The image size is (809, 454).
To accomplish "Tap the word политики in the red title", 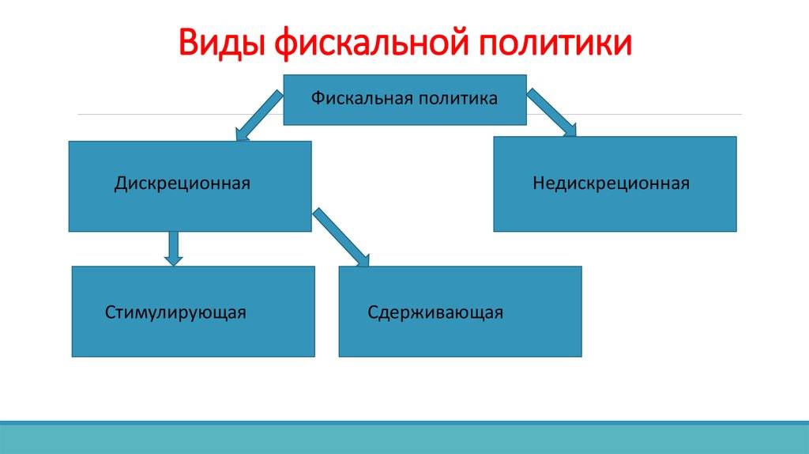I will tap(558, 43).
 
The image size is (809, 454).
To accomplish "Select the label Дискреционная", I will tap(182, 183).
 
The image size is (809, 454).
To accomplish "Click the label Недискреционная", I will tap(611, 183).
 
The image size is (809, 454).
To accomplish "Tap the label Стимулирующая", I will tap(175, 312).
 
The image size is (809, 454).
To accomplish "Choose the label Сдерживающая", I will tap(435, 312).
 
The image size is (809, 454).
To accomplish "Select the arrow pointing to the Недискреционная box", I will tap(552, 113).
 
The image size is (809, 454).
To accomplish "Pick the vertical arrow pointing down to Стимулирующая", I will tap(174, 248).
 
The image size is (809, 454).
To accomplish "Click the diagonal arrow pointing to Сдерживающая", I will tap(341, 236).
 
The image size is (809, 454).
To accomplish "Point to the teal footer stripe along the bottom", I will tap(404, 437).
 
